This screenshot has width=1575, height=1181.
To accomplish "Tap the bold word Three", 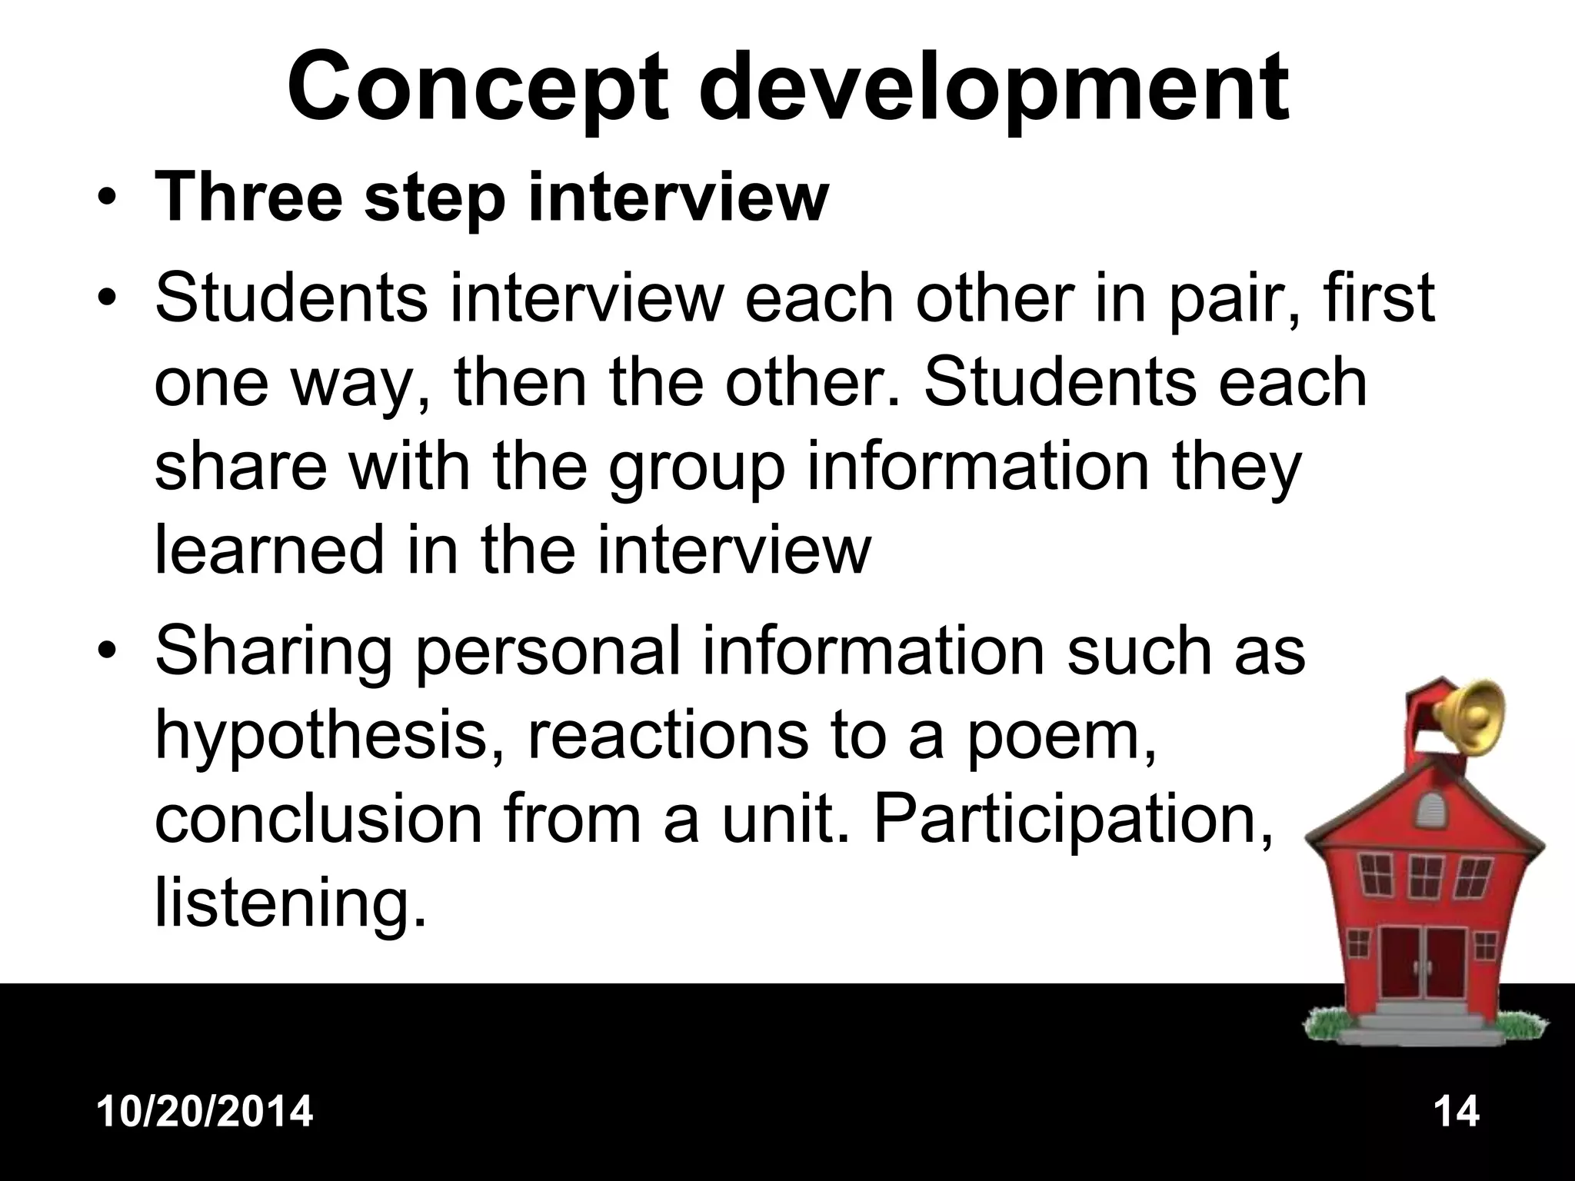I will point(248,198).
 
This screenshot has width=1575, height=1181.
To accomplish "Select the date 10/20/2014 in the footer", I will point(205,1112).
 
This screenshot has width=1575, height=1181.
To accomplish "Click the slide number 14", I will point(1456,1112).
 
